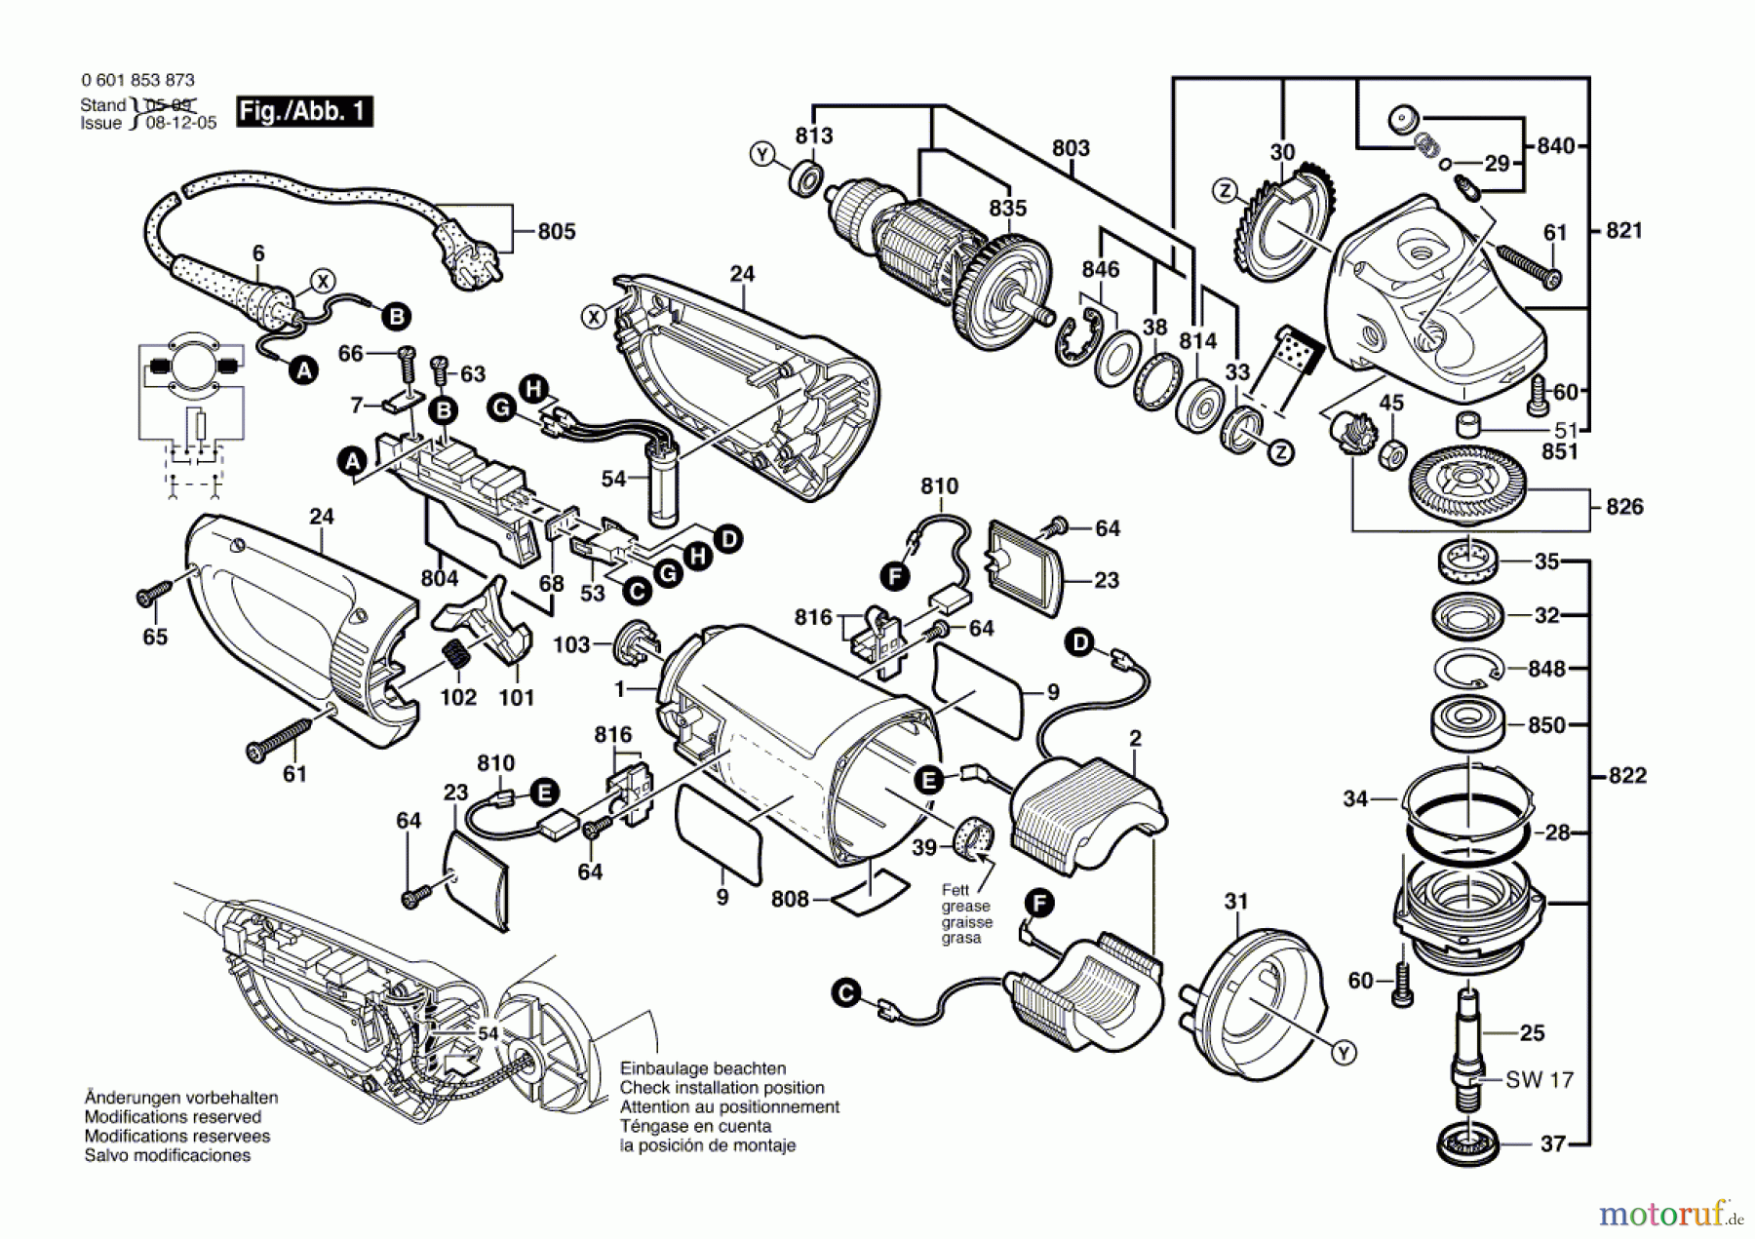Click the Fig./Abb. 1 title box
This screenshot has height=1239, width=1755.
coord(304,111)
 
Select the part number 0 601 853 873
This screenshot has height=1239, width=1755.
coord(137,80)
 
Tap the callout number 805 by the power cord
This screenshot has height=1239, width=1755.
coord(556,231)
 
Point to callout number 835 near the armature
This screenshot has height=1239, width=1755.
coord(1007,208)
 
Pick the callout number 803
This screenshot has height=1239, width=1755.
coord(1071,148)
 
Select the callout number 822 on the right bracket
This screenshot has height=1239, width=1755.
coord(1627,775)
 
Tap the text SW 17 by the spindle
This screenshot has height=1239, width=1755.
coord(1540,1079)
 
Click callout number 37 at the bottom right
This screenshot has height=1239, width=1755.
coord(1552,1143)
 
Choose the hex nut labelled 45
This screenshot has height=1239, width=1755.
coord(1393,452)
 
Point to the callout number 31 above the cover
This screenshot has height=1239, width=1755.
coord(1235,901)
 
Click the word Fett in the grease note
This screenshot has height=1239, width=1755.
coord(955,890)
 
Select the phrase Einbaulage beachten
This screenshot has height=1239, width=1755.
coord(703,1068)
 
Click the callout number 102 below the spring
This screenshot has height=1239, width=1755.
coord(458,697)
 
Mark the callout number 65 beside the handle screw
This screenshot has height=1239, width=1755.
coord(155,637)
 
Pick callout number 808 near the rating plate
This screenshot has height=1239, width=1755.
coord(790,899)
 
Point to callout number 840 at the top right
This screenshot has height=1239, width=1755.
coord(1555,145)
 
